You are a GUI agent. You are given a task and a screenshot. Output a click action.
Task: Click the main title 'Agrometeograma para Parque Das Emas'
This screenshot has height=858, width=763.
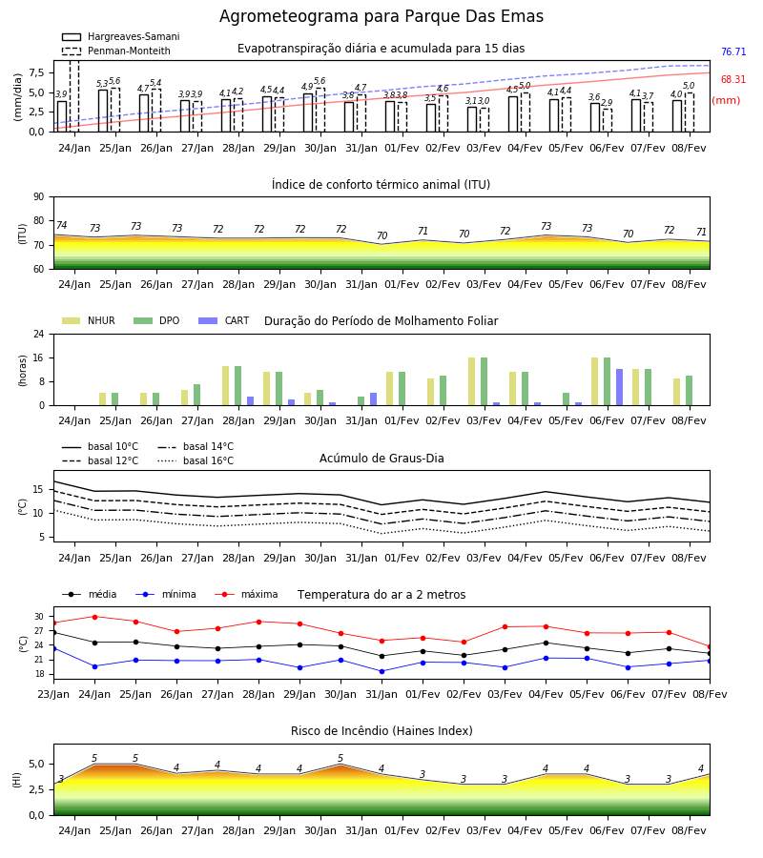pos(381,16)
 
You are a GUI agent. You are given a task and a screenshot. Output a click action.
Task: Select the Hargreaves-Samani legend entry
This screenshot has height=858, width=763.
pos(120,36)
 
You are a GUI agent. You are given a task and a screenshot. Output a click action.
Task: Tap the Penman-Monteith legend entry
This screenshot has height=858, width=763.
pos(116,51)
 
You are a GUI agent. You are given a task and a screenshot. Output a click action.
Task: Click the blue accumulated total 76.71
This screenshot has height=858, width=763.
pos(733,52)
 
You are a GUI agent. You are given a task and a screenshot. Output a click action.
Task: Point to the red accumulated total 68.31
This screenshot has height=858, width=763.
pos(733,79)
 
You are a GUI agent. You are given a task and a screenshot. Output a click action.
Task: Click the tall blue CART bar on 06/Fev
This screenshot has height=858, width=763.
pos(620,387)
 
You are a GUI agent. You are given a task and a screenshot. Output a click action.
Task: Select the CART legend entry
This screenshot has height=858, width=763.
pos(224,320)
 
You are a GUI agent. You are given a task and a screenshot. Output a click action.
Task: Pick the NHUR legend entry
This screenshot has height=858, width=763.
pos(89,320)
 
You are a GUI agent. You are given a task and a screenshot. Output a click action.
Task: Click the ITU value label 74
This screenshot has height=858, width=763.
pos(61,225)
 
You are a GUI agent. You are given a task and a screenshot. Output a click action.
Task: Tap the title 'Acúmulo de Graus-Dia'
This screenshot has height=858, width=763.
pos(381,459)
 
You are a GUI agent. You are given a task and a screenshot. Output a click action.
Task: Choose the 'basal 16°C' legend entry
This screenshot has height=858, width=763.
pos(196,460)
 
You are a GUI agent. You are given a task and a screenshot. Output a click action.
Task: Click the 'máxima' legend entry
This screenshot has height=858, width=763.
pos(246,594)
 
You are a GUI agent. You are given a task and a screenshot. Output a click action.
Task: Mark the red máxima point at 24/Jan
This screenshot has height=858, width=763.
pos(94,617)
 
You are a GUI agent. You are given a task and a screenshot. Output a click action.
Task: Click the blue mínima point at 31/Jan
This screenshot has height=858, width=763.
pos(382,671)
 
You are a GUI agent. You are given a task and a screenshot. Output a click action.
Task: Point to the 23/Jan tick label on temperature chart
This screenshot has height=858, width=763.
pos(53,694)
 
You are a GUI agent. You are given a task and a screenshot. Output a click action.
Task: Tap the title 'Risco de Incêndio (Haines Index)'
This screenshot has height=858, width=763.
pos(381,731)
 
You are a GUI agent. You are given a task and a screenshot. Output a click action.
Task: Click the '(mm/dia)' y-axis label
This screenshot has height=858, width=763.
pos(17,96)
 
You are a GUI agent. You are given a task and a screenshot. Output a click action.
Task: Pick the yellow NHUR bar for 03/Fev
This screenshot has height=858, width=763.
pos(472,381)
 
